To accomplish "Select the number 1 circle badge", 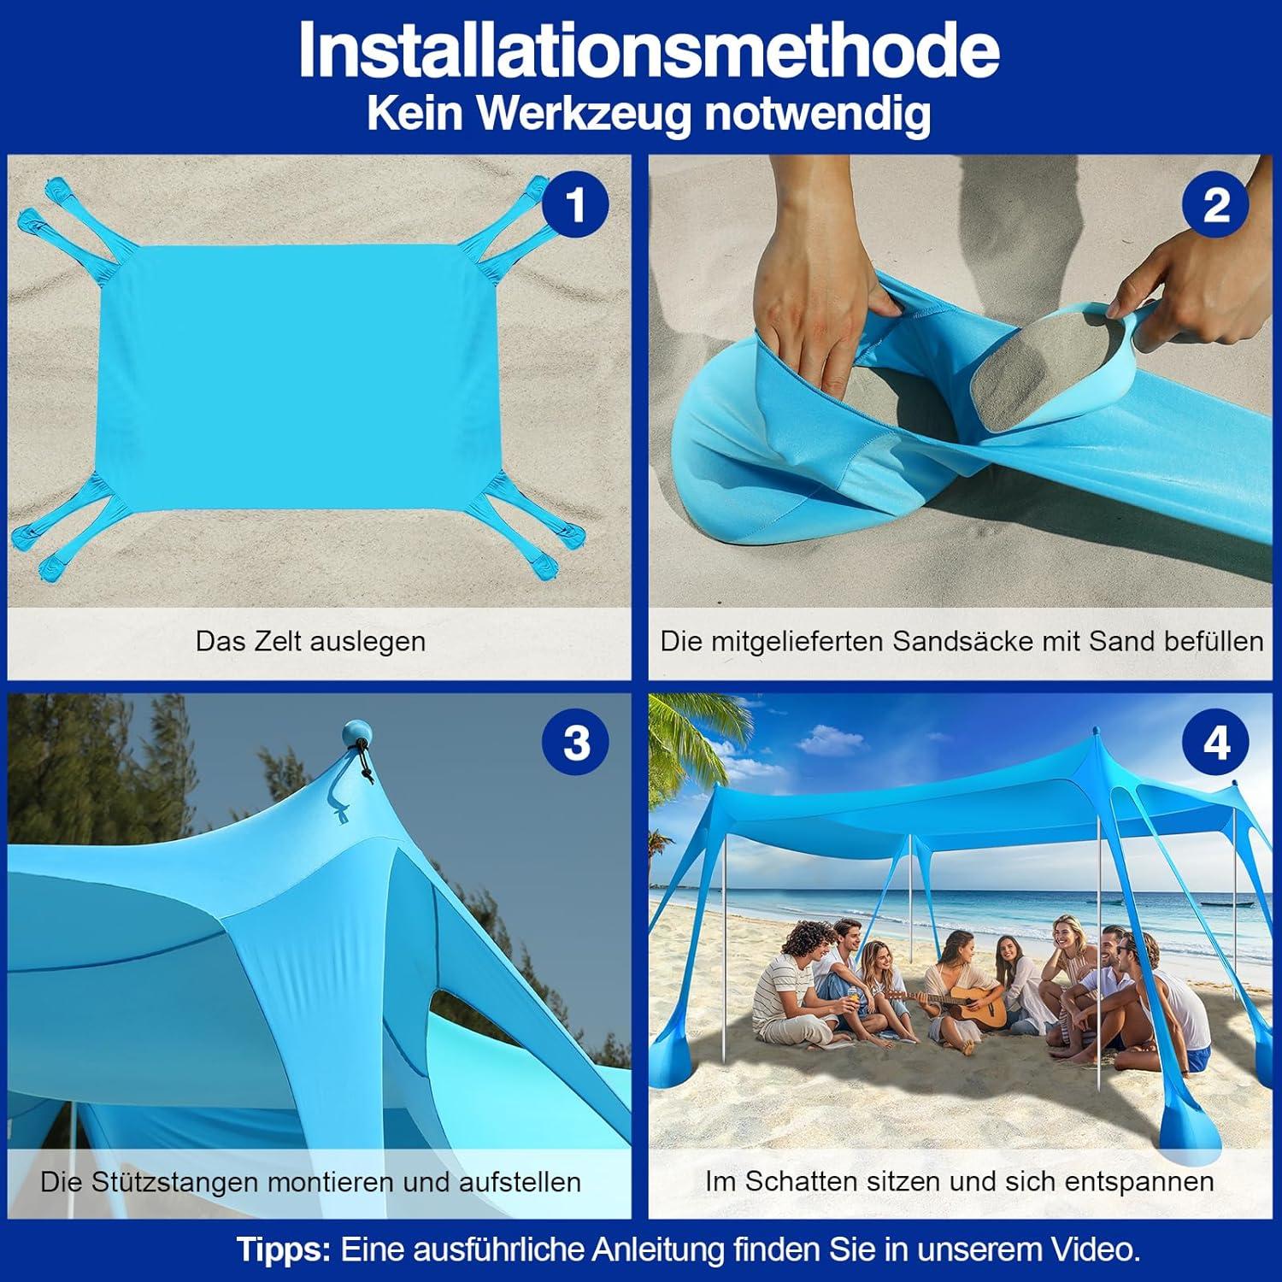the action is tap(575, 205).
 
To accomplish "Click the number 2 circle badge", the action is tap(1215, 205).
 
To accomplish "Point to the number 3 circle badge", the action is tap(575, 742).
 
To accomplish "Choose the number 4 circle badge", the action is tap(1215, 742).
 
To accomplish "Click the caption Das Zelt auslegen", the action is tap(310, 641).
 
